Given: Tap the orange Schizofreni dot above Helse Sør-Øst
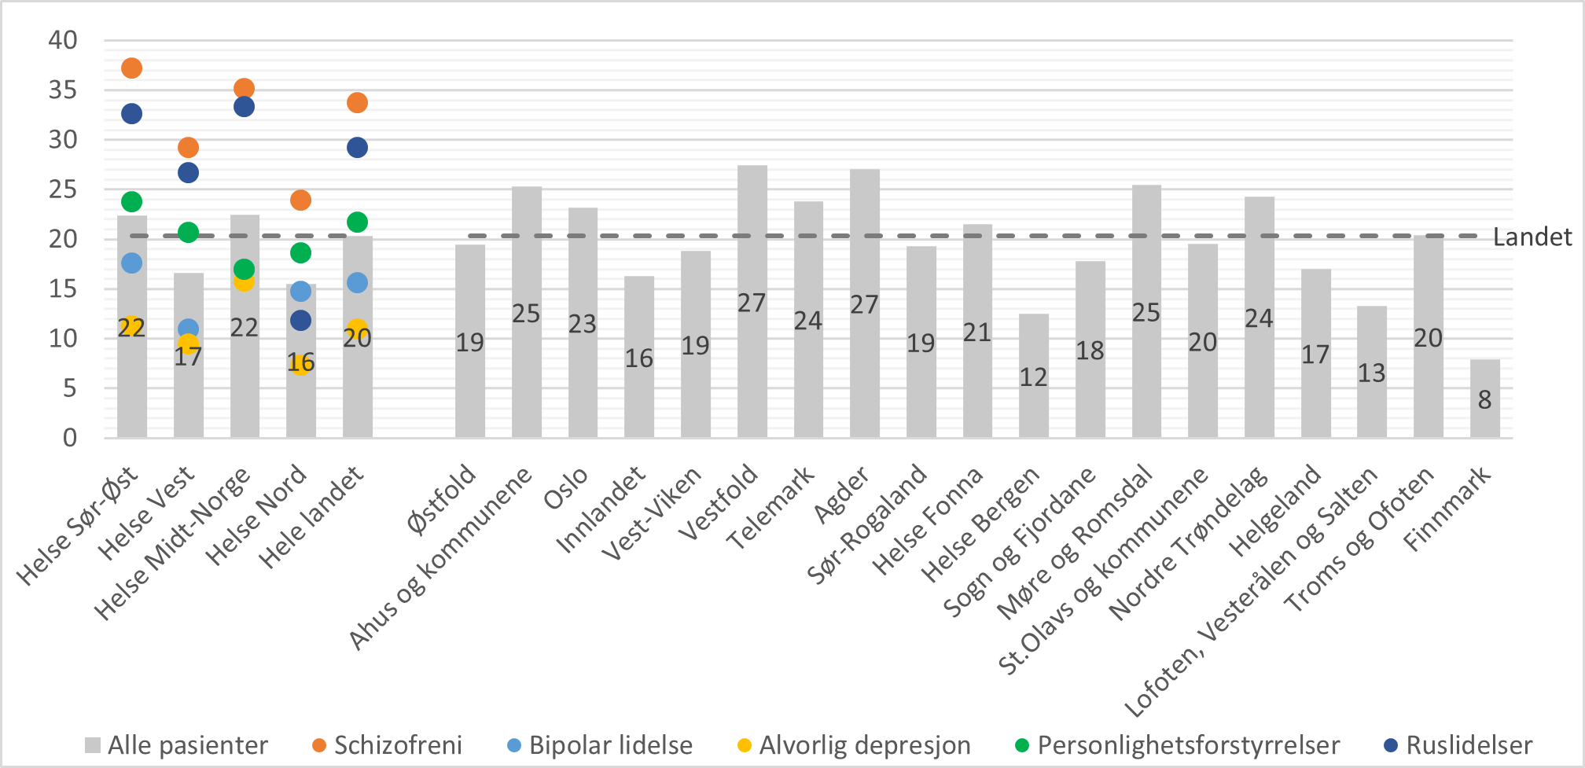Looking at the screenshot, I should [131, 68].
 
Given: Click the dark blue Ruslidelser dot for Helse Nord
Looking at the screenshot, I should [300, 320].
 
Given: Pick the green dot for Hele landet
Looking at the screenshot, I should [357, 222].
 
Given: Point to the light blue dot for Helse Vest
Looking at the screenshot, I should [188, 329].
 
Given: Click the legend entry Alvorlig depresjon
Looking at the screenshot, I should [863, 745].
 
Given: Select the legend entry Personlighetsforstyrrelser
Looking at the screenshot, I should [1187, 745].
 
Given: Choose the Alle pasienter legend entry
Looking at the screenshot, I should [186, 745].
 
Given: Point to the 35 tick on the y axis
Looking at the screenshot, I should [63, 90].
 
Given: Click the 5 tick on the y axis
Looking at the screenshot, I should [70, 388].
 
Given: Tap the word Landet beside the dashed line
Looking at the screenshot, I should [1532, 237].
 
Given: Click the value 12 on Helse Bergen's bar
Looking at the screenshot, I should [1033, 377].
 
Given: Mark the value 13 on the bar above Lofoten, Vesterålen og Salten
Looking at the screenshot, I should [1371, 373].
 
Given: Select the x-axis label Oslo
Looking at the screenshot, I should [566, 488].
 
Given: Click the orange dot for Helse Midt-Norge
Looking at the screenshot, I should [244, 88].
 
